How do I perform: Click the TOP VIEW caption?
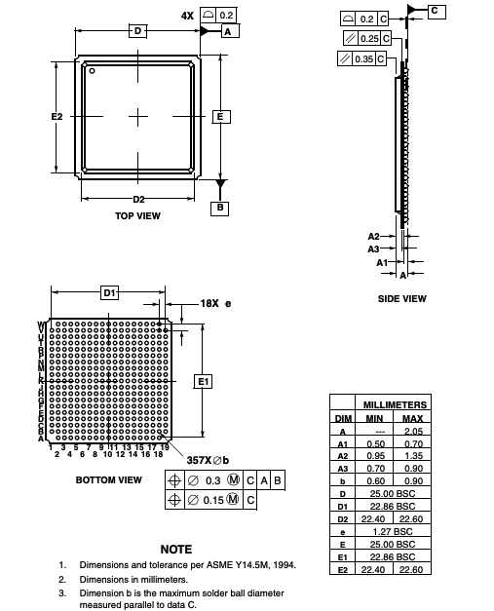tap(137, 216)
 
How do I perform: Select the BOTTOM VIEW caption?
tap(108, 480)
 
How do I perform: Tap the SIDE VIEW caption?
tap(401, 298)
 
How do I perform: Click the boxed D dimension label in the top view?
tap(137, 31)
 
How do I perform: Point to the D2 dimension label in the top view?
tap(138, 199)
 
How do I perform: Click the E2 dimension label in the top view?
tap(57, 116)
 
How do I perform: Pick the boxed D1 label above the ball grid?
tap(110, 292)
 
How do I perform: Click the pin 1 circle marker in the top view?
tap(92, 70)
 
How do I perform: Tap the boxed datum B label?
tap(221, 208)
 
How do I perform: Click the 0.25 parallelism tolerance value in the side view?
tap(368, 38)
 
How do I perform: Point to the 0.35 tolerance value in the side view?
tap(363, 58)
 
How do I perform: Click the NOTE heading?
tap(175, 550)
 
